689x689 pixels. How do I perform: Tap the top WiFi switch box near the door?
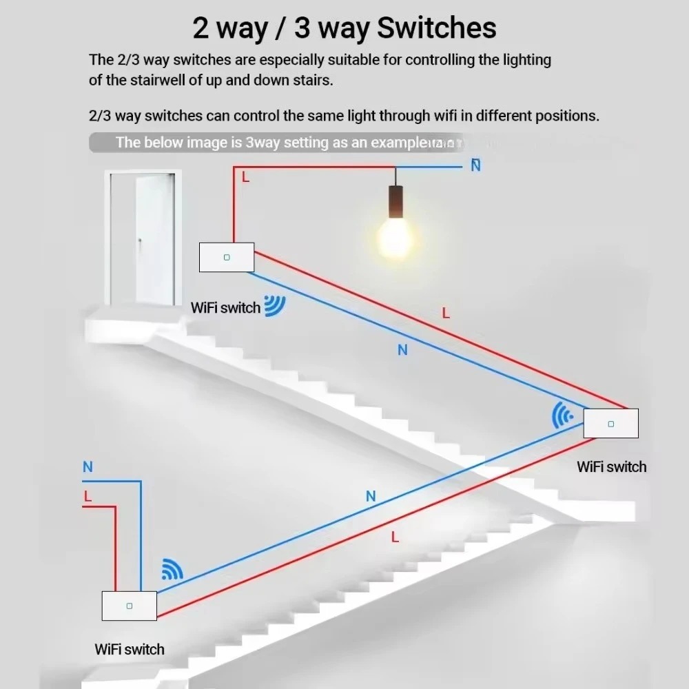[227, 257]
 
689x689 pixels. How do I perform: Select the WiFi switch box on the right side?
[610, 423]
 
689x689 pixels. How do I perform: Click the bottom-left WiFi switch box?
[129, 606]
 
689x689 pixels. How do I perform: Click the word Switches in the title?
[437, 28]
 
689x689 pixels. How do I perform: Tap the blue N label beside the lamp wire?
[475, 165]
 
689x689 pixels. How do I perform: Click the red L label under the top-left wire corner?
[245, 177]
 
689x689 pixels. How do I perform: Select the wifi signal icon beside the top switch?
[275, 305]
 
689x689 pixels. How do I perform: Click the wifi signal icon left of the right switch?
[563, 415]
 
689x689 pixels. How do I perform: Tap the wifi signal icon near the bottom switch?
[172, 568]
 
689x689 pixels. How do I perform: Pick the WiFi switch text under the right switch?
[611, 467]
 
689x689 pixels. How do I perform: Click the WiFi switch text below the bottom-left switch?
[130, 649]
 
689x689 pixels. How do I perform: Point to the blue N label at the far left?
[88, 467]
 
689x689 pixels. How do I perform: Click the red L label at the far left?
[88, 496]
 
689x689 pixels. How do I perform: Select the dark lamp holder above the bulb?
[395, 202]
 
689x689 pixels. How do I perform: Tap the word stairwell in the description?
[152, 80]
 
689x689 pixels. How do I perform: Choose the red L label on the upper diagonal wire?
[446, 313]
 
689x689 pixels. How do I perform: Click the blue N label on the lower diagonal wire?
[371, 496]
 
